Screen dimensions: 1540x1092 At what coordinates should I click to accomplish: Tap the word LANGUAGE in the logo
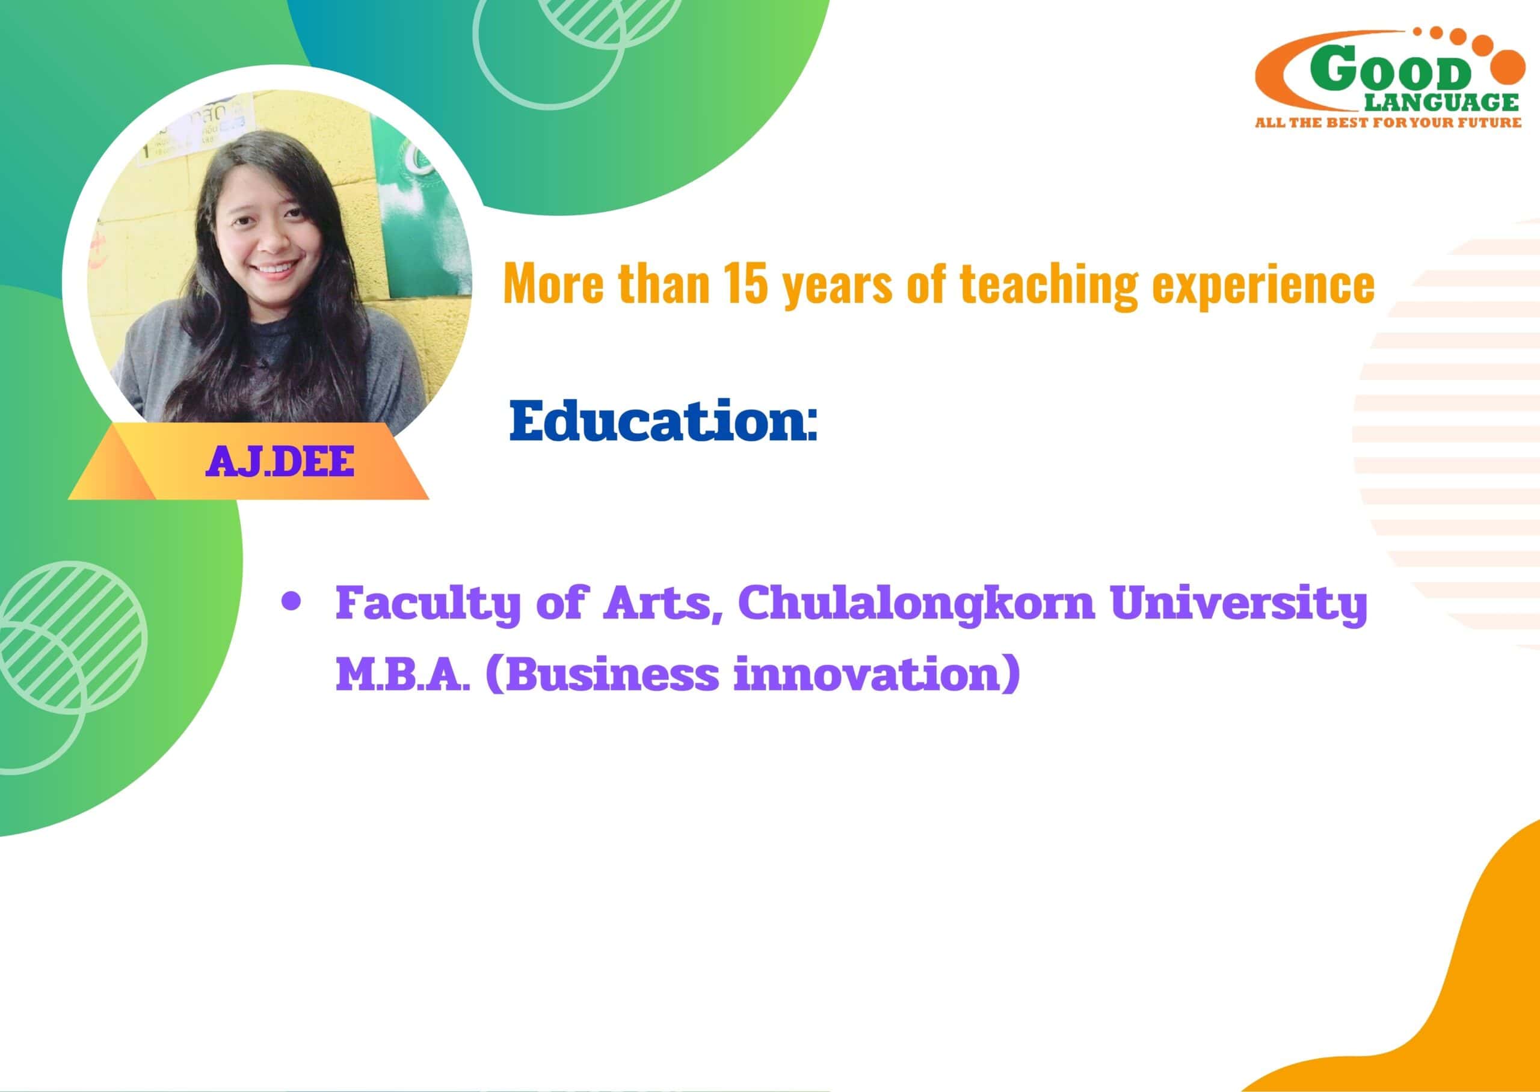coord(1441,102)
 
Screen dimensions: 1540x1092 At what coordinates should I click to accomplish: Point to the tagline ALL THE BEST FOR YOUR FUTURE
coord(1388,123)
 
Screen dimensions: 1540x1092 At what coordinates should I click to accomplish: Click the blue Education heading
coord(663,421)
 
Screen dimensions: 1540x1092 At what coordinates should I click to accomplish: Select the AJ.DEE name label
coord(280,462)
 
